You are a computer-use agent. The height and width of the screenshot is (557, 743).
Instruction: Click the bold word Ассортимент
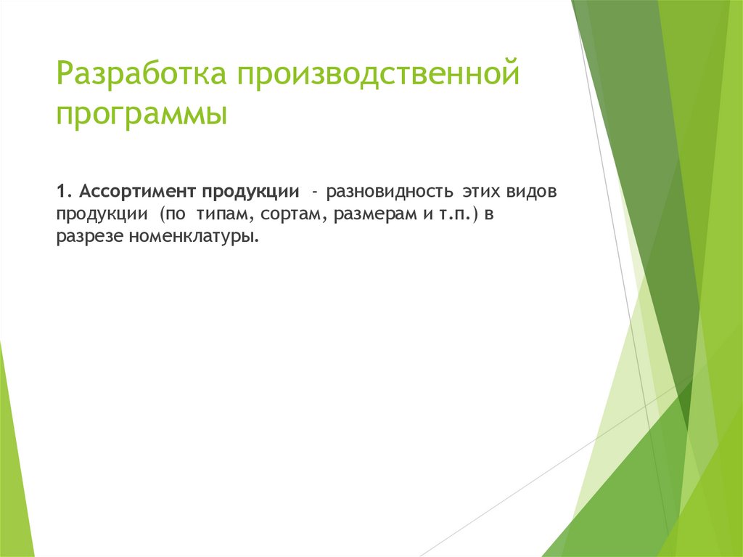pyautogui.click(x=138, y=192)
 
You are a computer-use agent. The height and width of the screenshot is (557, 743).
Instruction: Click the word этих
pyautogui.click(x=475, y=192)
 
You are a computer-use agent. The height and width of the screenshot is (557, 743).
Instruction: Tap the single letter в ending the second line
pyautogui.click(x=489, y=215)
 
